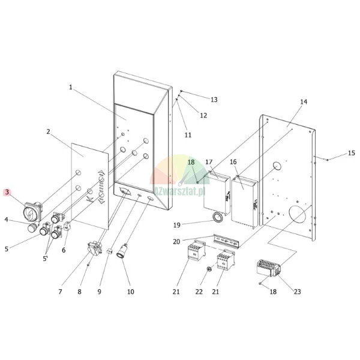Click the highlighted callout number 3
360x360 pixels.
click(7, 192)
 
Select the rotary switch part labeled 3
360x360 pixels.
click(33, 211)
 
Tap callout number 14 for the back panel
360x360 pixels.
click(304, 102)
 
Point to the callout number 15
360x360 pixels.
click(352, 153)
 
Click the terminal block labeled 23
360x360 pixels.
click(268, 268)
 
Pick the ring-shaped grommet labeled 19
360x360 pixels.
click(217, 217)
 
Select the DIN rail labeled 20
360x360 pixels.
click(226, 241)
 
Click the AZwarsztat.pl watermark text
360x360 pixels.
click(179, 191)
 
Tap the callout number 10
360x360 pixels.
click(130, 292)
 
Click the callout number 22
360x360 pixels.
click(199, 292)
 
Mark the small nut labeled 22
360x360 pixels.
click(209, 269)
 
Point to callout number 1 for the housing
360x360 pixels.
click(71, 87)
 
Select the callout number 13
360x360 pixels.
click(214, 100)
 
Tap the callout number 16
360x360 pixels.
click(233, 162)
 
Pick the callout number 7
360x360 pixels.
click(60, 292)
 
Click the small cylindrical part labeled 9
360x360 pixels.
click(109, 251)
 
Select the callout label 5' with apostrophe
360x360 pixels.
click(45, 259)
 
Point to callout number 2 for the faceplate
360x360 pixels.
click(48, 132)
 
